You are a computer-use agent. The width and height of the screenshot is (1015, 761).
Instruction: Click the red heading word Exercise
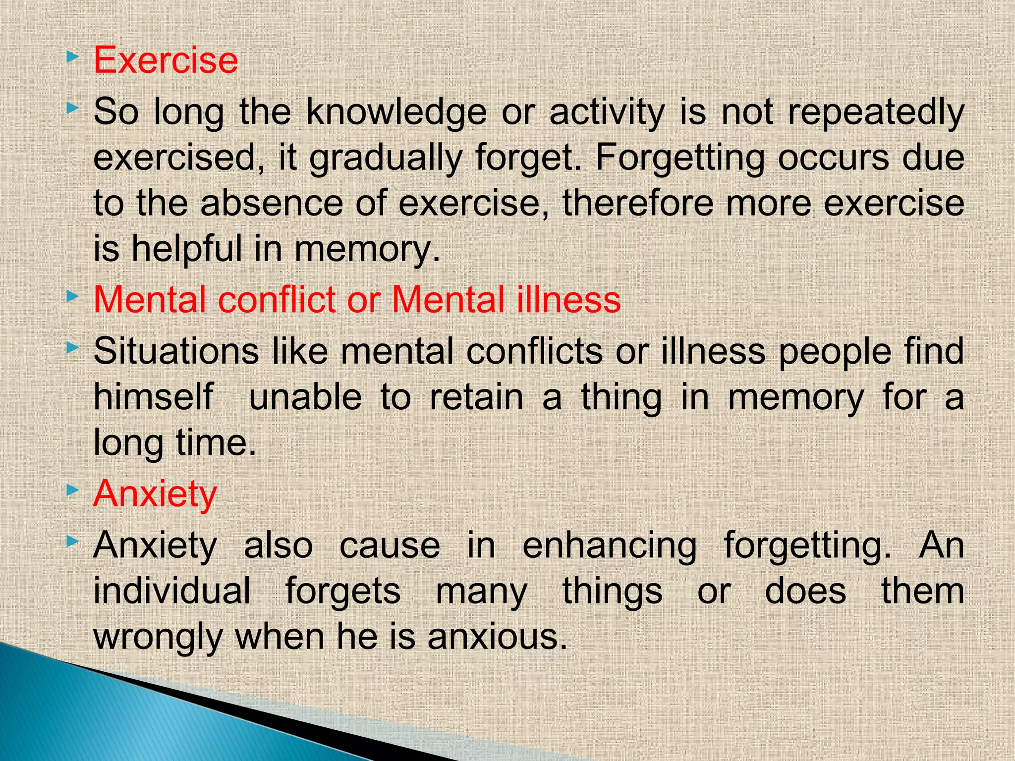click(x=166, y=60)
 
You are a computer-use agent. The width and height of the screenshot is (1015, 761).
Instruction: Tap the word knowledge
click(x=396, y=113)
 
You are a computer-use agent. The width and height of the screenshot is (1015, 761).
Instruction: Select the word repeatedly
click(x=876, y=113)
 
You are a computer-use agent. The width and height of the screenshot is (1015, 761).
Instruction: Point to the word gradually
click(x=385, y=159)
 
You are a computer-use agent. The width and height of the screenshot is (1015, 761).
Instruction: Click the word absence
click(x=272, y=204)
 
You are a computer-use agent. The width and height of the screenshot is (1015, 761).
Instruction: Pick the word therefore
click(x=637, y=204)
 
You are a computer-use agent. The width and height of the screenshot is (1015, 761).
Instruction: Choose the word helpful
click(x=186, y=249)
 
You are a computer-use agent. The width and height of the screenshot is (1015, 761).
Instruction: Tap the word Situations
click(x=176, y=351)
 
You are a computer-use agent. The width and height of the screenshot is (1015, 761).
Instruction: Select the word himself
click(x=154, y=397)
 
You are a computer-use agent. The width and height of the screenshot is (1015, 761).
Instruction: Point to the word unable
click(x=305, y=397)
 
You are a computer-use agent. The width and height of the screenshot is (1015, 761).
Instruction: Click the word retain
click(x=476, y=397)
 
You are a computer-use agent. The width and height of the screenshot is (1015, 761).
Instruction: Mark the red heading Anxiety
click(x=155, y=494)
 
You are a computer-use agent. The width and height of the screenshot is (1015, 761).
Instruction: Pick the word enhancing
click(x=610, y=545)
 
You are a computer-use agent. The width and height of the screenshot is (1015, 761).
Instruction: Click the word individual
click(x=172, y=591)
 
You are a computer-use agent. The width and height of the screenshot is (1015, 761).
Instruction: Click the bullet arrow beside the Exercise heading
click(x=72, y=57)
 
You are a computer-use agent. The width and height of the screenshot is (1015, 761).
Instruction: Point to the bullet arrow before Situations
click(x=72, y=348)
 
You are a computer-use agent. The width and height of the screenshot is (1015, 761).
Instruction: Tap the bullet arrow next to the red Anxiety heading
click(x=72, y=490)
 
